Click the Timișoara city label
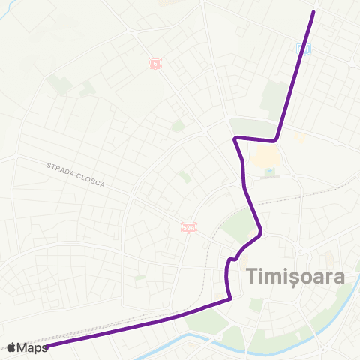(x=295, y=276)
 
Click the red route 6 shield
(x=154, y=64)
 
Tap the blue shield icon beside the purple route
(x=302, y=49)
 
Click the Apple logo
(x=12, y=346)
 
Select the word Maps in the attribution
(x=32, y=347)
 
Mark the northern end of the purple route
(x=313, y=12)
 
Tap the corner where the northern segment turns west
(x=276, y=139)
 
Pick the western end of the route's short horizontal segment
(x=235, y=139)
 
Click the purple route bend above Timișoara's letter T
(x=259, y=233)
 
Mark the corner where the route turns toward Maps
(x=229, y=298)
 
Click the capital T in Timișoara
(x=252, y=276)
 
